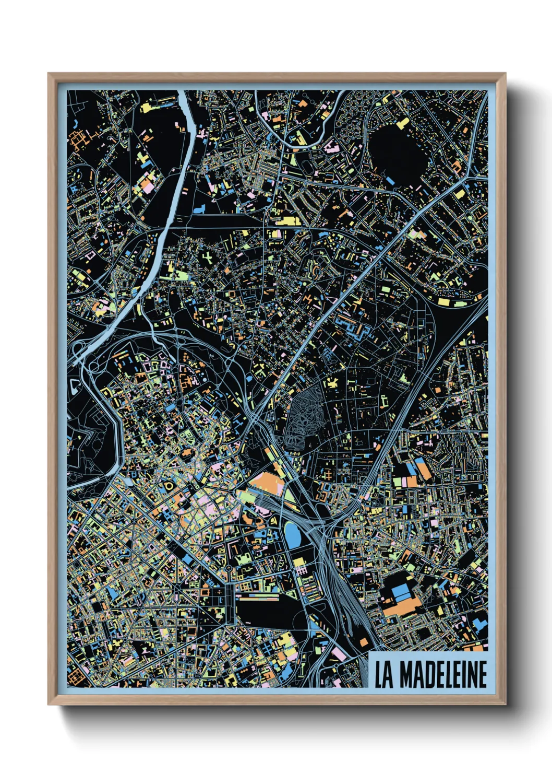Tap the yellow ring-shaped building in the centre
(169, 486)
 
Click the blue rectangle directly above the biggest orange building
(401, 592)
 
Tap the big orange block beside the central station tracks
(267, 483)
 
